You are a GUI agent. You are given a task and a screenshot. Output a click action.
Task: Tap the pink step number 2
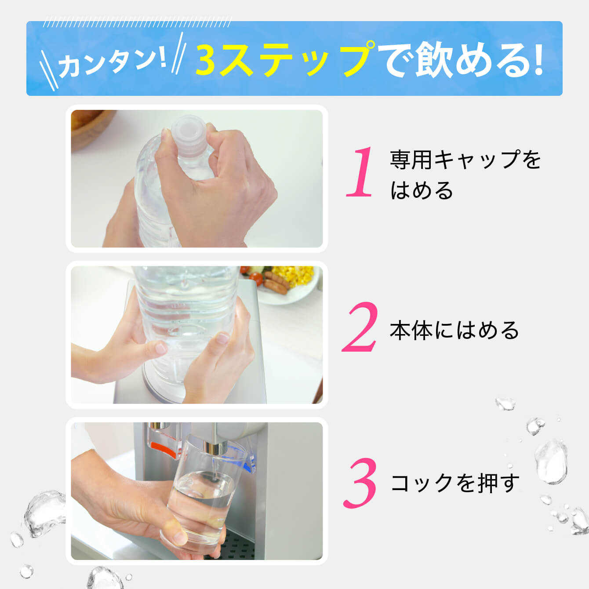click(x=360, y=327)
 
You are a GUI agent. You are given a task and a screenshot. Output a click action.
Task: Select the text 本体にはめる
click(x=454, y=331)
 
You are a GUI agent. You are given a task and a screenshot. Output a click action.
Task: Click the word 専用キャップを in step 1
click(x=465, y=160)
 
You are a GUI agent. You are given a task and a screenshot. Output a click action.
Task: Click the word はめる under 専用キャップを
click(x=422, y=191)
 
